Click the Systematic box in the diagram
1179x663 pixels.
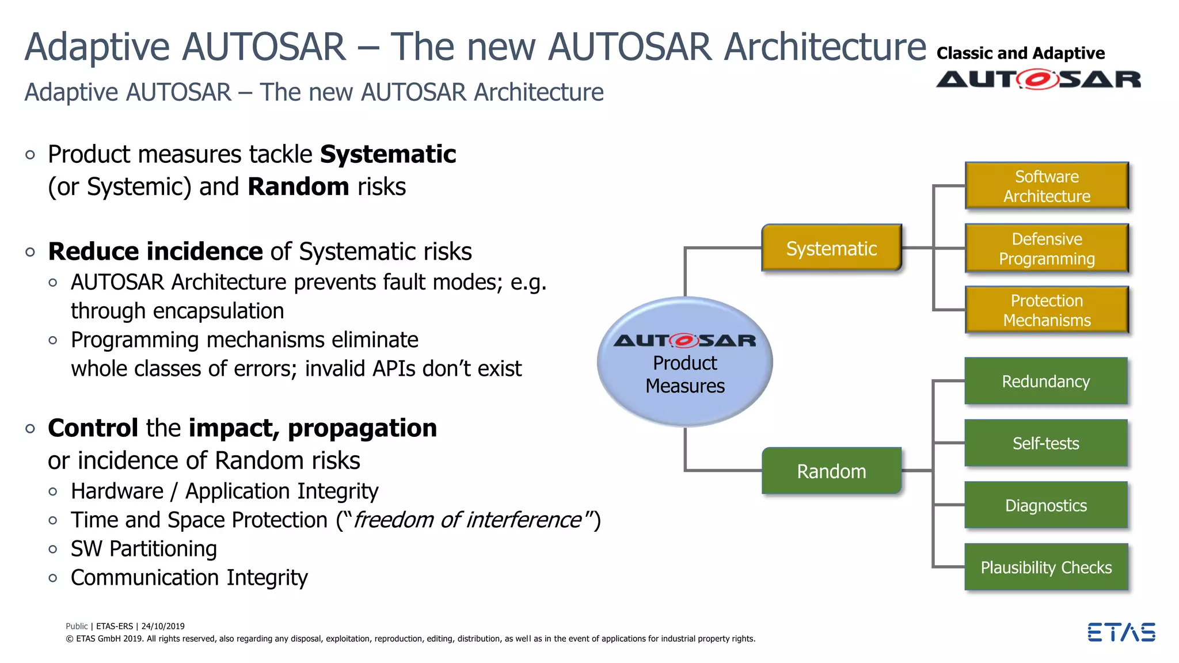[x=831, y=248]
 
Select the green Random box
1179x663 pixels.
[x=831, y=471]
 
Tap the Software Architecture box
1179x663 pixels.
[x=1046, y=186]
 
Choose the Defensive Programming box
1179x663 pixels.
[x=1046, y=248]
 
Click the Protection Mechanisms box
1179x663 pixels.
[x=1046, y=310]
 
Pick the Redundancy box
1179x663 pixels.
[x=1045, y=381]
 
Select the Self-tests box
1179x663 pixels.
[x=1045, y=443]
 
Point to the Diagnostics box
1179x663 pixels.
[x=1045, y=505]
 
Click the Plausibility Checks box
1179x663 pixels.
[x=1045, y=567]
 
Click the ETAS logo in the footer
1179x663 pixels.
[x=1121, y=632]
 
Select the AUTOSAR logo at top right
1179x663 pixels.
[x=1038, y=79]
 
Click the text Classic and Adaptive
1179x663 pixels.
[x=1020, y=54]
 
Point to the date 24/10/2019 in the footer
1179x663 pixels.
[x=163, y=626]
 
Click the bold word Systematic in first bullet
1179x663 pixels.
[x=387, y=154]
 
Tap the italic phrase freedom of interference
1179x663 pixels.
[x=467, y=520]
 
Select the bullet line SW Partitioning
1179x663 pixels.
[x=143, y=548]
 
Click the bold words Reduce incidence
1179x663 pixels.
[x=155, y=252]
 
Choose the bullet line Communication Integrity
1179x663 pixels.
[x=189, y=577]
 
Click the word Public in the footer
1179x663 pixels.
[x=77, y=626]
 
